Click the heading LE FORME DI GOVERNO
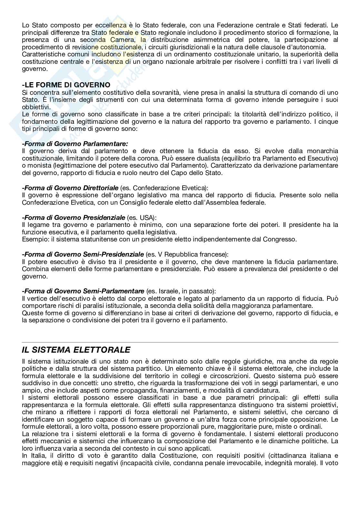pyautogui.click(x=66, y=85)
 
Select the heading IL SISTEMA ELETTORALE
pyautogui.click(x=76, y=350)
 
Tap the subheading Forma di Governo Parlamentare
pyautogui.click(x=75, y=143)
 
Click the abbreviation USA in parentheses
pyautogui.click(x=146, y=218)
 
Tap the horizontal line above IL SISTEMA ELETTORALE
pyautogui.click(x=180, y=342)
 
